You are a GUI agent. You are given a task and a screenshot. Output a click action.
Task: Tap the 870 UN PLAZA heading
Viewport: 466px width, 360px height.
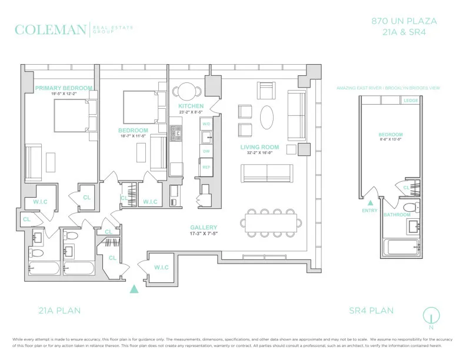click(x=404, y=21)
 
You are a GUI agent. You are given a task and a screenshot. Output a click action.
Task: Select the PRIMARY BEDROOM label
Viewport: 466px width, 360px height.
click(x=64, y=88)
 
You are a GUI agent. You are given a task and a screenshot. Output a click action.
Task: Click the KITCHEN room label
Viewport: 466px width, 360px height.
click(x=191, y=106)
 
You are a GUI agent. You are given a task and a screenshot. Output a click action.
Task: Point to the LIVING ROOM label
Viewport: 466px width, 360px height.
click(x=259, y=147)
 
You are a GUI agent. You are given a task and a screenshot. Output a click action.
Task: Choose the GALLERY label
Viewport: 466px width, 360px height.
click(x=204, y=228)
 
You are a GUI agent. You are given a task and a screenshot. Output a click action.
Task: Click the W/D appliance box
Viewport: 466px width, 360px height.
click(x=207, y=124)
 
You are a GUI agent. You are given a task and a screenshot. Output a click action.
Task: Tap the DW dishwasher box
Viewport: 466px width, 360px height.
click(x=207, y=151)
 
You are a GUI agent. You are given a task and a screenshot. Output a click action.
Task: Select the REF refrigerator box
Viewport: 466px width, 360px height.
click(x=207, y=167)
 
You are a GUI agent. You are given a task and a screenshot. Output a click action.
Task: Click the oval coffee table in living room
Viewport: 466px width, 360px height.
click(x=267, y=116)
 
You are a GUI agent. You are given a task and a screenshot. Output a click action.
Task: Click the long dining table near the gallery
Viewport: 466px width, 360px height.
click(x=271, y=222)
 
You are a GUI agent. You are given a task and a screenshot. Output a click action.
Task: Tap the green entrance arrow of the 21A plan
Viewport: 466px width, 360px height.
click(x=134, y=288)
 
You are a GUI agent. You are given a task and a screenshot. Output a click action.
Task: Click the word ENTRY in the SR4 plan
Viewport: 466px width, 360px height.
click(x=370, y=210)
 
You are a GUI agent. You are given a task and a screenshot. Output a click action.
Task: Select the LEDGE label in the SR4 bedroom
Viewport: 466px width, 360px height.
click(x=411, y=101)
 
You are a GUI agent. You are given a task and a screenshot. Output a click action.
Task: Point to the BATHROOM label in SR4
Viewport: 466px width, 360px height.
click(x=397, y=215)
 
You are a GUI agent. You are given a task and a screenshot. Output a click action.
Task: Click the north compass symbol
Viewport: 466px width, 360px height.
click(x=431, y=315)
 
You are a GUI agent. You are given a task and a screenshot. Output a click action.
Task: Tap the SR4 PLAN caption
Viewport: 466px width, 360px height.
click(x=371, y=311)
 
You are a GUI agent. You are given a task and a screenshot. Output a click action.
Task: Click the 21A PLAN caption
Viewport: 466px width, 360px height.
click(x=59, y=311)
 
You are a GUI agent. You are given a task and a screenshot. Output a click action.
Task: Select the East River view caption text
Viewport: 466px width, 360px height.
click(x=388, y=88)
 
